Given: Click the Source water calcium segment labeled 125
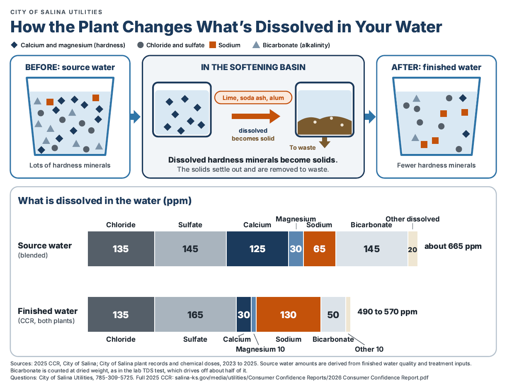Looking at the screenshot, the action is click(257, 249).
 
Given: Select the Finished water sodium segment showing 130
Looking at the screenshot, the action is click(289, 314).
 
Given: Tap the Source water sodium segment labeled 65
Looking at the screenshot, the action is click(319, 249).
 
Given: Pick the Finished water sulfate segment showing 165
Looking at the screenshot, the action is click(195, 314).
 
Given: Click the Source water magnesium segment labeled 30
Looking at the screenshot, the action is click(296, 249).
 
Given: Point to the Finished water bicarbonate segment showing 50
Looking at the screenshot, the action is click(333, 314).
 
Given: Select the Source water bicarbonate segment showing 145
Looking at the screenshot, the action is click(372, 249).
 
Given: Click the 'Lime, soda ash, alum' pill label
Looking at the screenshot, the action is click(253, 97).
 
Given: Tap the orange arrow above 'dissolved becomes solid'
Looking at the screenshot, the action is click(256, 116).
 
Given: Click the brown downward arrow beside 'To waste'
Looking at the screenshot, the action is click(325, 142).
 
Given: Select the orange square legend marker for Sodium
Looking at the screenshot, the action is click(213, 45).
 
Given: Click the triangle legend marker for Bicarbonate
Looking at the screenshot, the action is click(256, 45).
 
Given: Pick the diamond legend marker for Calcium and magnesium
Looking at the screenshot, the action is click(14, 45).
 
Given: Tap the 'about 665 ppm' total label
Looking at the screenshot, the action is click(453, 246).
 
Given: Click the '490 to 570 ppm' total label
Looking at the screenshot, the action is click(387, 312).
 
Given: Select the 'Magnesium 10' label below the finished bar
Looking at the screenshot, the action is click(260, 349).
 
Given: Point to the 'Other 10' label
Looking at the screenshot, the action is click(369, 349).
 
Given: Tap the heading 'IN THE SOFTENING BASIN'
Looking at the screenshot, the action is click(253, 67).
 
